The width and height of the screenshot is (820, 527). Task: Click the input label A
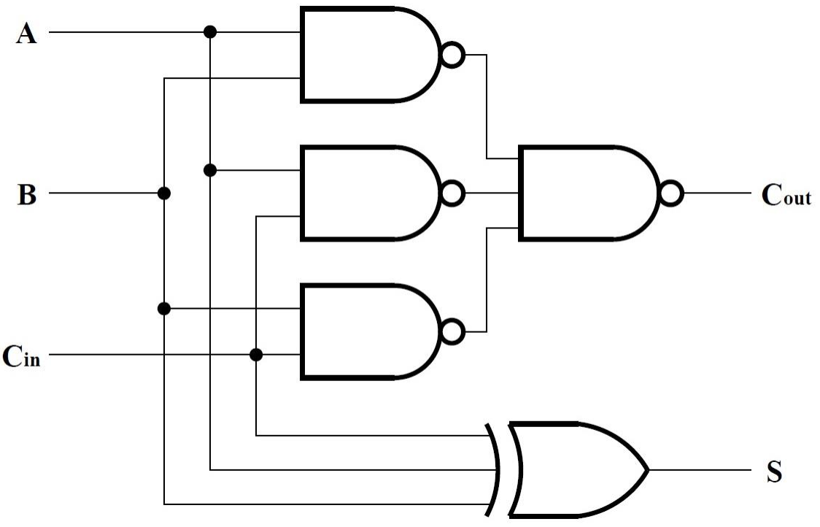click(x=26, y=34)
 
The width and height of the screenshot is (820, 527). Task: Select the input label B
click(x=26, y=196)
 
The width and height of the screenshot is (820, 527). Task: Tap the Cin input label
click(x=22, y=357)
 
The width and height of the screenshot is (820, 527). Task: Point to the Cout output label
click(x=786, y=196)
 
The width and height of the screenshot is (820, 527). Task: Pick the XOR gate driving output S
click(x=573, y=469)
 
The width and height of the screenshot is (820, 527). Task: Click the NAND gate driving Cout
click(x=584, y=193)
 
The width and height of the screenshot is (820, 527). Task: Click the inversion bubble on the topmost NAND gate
click(x=452, y=55)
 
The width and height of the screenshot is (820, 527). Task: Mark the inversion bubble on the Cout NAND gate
click(x=670, y=193)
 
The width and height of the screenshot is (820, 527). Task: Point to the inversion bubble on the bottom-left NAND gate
click(x=452, y=332)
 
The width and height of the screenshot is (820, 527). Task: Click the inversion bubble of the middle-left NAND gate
click(x=452, y=193)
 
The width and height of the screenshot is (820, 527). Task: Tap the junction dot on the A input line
click(x=210, y=32)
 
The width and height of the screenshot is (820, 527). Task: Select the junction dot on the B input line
click(x=164, y=193)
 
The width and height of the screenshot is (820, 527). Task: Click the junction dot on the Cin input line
click(x=256, y=355)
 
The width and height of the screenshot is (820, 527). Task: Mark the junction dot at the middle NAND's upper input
click(x=210, y=171)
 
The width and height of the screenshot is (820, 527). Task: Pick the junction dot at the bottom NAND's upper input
click(x=164, y=309)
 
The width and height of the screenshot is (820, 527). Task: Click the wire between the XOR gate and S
click(x=700, y=470)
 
